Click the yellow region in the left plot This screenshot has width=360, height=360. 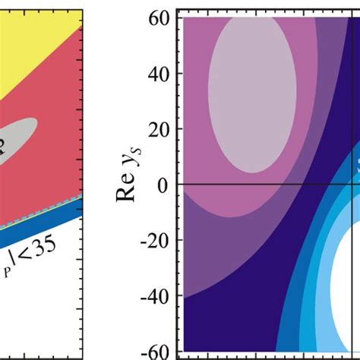[x=30, y=30]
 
